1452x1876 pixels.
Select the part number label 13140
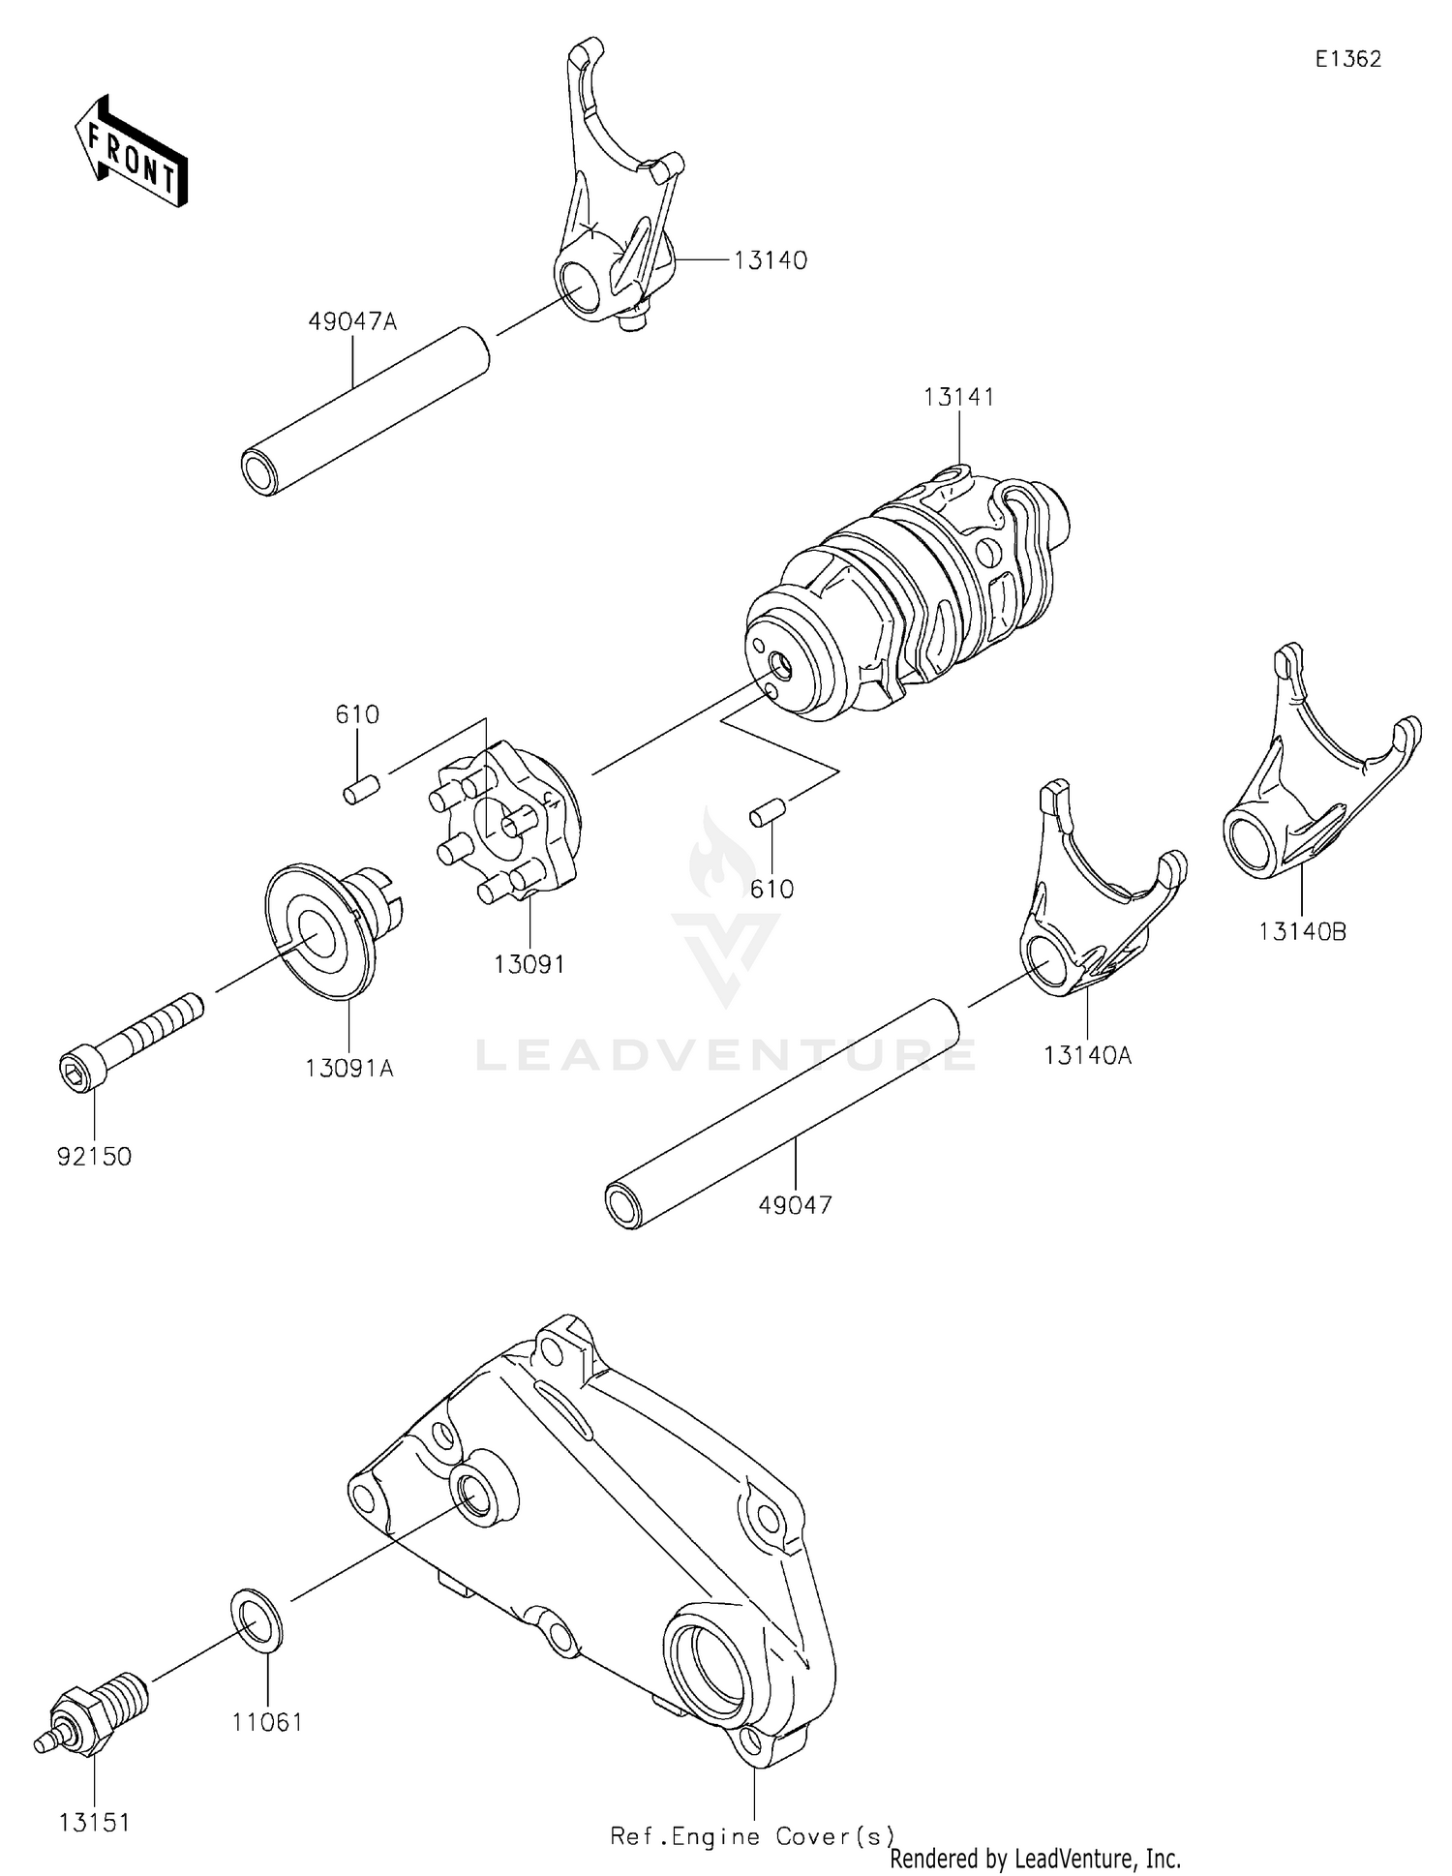[770, 260]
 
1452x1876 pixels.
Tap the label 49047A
[352, 321]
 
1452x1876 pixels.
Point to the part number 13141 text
[958, 397]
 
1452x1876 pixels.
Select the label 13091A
[349, 1069]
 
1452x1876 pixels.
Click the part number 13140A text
[1087, 1054]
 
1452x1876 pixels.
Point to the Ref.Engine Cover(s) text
[752, 1835]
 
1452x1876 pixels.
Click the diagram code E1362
[1347, 59]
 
